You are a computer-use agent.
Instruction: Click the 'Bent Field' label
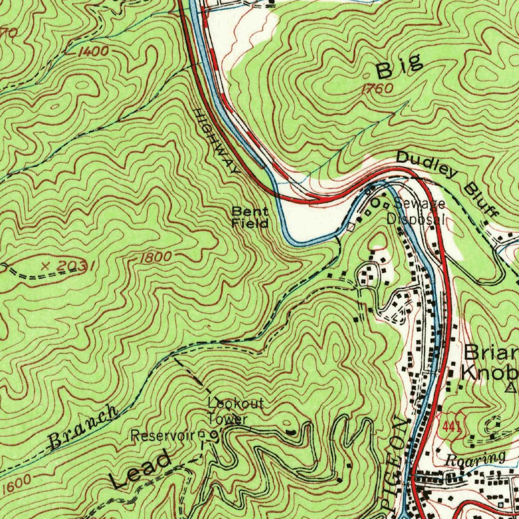pyautogui.click(x=250, y=217)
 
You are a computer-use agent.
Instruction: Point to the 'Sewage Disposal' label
pyautogui.click(x=417, y=212)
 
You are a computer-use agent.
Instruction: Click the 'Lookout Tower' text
pyautogui.click(x=235, y=411)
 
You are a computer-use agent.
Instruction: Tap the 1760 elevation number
pyautogui.click(x=378, y=89)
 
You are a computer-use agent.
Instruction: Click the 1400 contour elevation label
pyautogui.click(x=93, y=51)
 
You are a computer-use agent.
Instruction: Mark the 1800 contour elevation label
pyautogui.click(x=155, y=257)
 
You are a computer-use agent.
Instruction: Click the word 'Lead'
pyautogui.click(x=141, y=471)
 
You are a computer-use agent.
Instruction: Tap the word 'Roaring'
pyautogui.click(x=475, y=458)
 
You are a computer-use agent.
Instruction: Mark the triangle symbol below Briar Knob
pyautogui.click(x=511, y=388)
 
